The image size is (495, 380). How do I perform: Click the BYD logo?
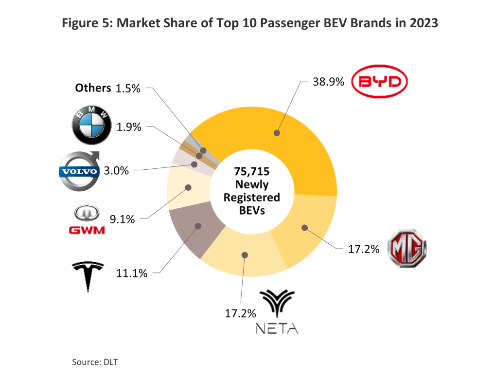[378, 84]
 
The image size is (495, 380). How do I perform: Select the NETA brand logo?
[277, 311]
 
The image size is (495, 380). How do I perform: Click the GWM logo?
[86, 220]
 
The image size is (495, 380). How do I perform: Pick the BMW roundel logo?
[88, 125]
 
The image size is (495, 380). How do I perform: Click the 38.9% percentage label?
[329, 82]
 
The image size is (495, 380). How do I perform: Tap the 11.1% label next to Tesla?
[132, 273]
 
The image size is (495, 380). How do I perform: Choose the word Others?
[93, 88]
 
